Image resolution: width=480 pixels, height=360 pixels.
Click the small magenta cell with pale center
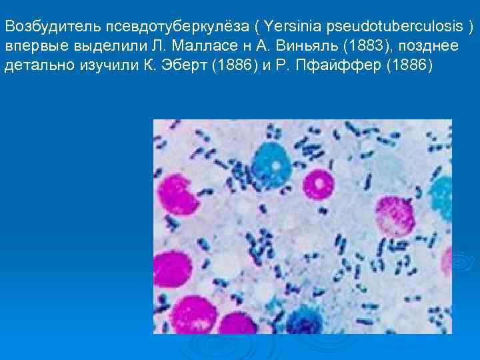click(318, 182)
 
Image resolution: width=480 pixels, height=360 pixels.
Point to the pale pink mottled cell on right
click(394, 217)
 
